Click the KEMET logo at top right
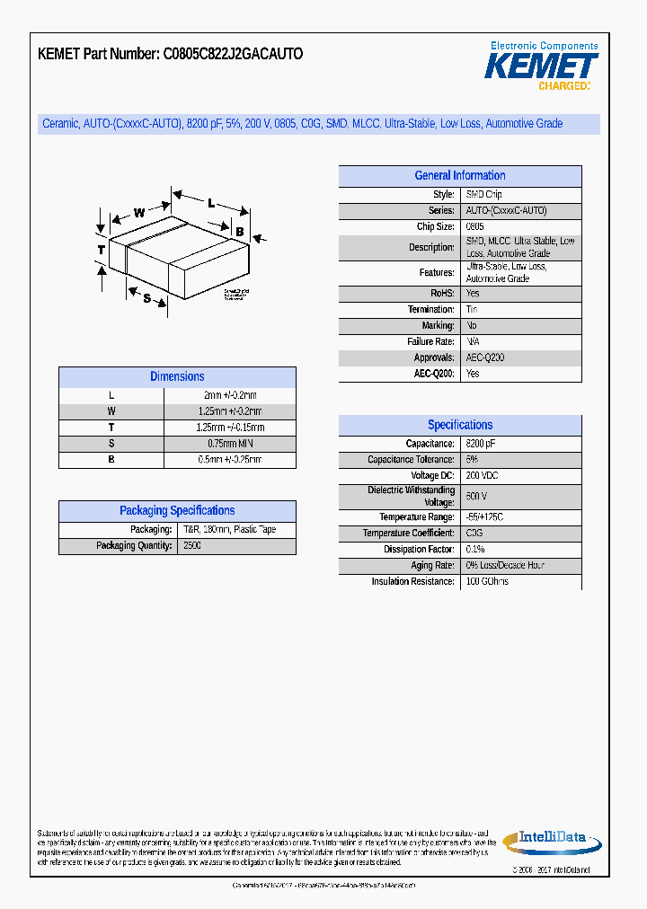[x=542, y=66]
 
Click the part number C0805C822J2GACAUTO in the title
[x=233, y=54]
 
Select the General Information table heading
[x=459, y=176]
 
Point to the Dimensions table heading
[x=177, y=377]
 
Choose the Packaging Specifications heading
[x=177, y=511]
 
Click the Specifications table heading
[x=459, y=425]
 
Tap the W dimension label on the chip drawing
[x=139, y=213]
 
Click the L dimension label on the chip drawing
[x=211, y=203]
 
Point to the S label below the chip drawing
[x=146, y=297]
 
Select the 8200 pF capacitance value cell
[x=481, y=444]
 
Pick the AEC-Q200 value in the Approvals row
[x=485, y=357]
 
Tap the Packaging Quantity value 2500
[x=192, y=546]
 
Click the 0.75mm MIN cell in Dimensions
[x=230, y=444]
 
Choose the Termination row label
[x=430, y=309]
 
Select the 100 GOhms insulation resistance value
[x=487, y=582]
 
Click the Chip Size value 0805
[x=475, y=227]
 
